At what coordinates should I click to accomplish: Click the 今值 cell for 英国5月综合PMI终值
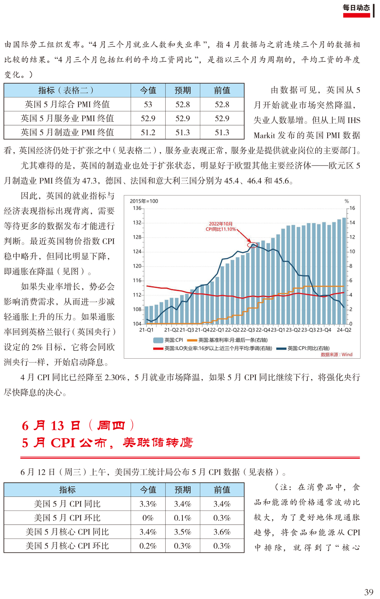pyautogui.click(x=148, y=104)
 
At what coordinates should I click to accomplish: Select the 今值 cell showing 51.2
pyautogui.click(x=148, y=132)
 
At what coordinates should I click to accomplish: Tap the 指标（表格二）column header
pyautogui.click(x=67, y=90)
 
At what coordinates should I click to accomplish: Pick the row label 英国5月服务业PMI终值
pyautogui.click(x=67, y=118)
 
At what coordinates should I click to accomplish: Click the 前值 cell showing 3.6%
pyautogui.click(x=222, y=531)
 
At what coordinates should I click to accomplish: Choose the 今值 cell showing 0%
pyautogui.click(x=148, y=518)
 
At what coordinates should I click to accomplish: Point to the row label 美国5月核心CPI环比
pyautogui.click(x=67, y=545)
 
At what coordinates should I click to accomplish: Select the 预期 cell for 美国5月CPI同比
pyautogui.click(x=182, y=504)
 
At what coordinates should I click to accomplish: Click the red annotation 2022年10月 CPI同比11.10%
pyautogui.click(x=221, y=227)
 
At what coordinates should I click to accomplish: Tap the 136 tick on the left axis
pyautogui.click(x=137, y=208)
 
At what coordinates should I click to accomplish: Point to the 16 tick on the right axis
pyautogui.click(x=352, y=208)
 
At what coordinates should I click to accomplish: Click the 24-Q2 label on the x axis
pyautogui.click(x=344, y=330)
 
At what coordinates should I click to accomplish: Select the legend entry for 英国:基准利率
pyautogui.click(x=227, y=340)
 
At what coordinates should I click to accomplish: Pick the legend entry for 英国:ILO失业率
pyautogui.click(x=212, y=348)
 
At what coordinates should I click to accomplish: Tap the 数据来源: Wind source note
pyautogui.click(x=336, y=355)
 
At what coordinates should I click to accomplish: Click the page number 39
pyautogui.click(x=369, y=592)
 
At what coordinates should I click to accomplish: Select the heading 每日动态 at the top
pyautogui.click(x=356, y=8)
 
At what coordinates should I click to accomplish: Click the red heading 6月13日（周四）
pyautogui.click(x=78, y=426)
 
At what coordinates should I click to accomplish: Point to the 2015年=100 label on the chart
pyautogui.click(x=144, y=201)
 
